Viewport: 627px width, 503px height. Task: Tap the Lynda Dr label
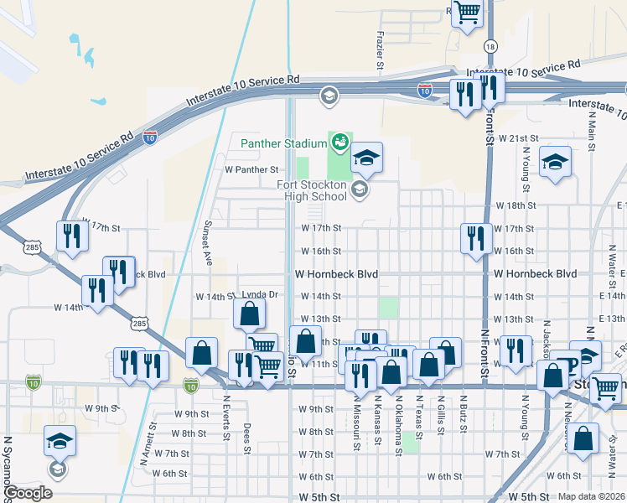259,295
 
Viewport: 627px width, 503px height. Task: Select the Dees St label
247,435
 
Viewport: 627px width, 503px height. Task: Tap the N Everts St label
225,426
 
